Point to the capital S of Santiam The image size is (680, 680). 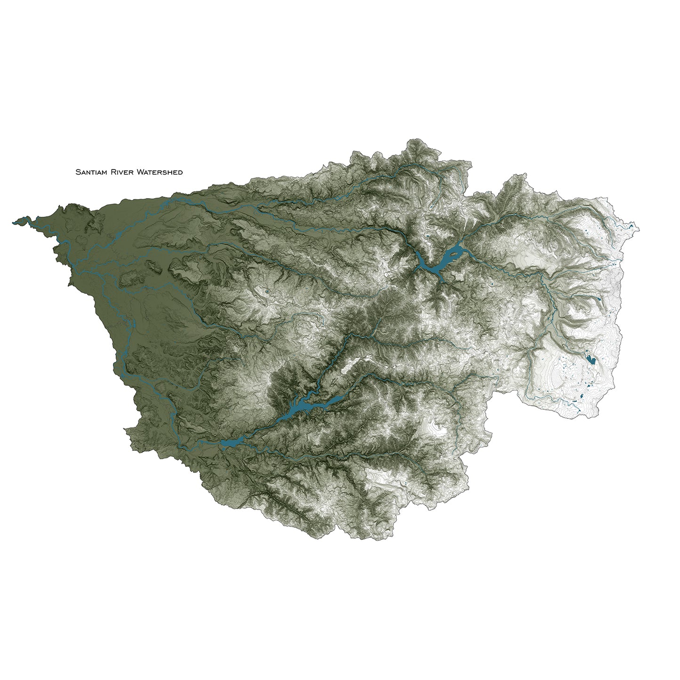click(78, 172)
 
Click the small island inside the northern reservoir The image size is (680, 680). click(451, 254)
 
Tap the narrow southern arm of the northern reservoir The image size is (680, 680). click(441, 275)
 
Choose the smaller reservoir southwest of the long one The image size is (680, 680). click(231, 443)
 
